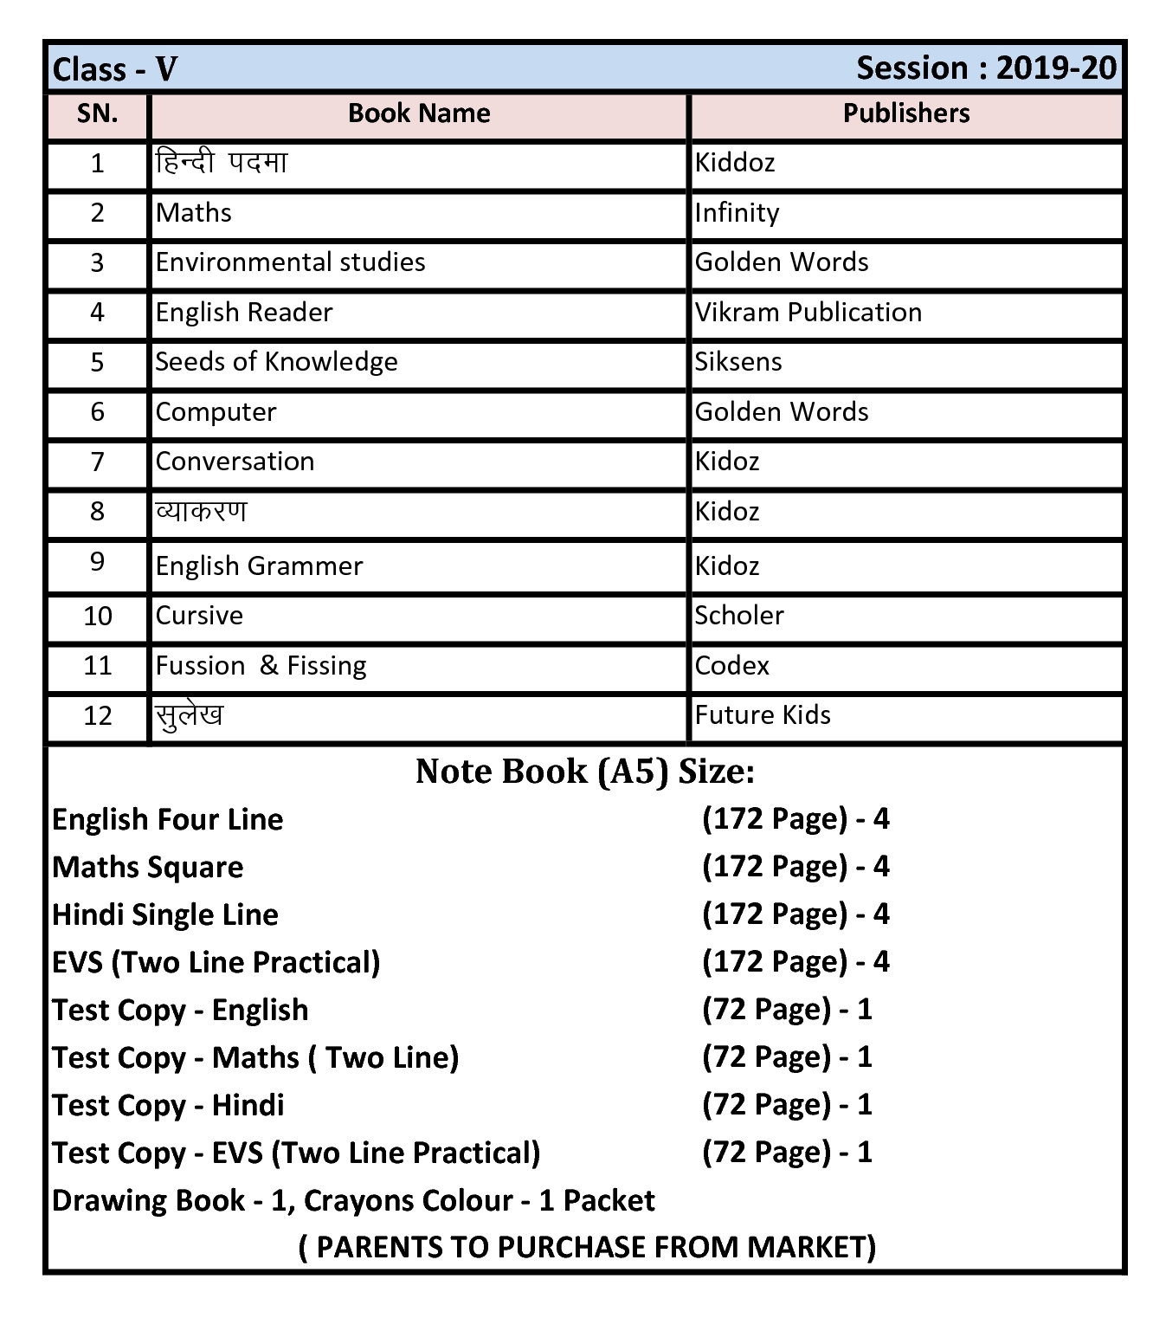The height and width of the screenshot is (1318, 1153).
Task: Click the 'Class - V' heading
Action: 115,68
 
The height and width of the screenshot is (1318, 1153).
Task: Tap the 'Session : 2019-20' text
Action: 986,68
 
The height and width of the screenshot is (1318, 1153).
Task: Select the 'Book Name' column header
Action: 419,113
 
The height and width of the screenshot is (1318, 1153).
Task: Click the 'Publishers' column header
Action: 906,113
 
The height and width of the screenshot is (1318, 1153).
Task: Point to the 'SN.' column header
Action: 97,113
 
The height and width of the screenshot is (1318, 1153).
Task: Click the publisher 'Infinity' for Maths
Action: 737,213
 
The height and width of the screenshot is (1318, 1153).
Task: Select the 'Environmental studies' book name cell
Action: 290,262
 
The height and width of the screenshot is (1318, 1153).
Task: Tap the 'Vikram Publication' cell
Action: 808,313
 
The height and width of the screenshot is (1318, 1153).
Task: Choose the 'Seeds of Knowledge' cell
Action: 276,362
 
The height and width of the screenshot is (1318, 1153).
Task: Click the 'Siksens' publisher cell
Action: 738,362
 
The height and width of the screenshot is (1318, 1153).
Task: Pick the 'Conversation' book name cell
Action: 235,462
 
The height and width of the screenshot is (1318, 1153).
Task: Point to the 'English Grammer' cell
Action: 259,566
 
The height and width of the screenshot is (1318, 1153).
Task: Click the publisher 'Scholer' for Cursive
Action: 739,616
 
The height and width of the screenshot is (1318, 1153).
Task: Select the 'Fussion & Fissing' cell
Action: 261,666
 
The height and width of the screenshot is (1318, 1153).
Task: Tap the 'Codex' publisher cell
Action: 732,666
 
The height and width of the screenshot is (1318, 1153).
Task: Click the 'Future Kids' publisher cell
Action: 763,715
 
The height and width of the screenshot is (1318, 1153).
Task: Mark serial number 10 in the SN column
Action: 97,617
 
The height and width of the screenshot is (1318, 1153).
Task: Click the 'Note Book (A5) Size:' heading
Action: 585,772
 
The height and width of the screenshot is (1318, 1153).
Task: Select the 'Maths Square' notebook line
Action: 148,868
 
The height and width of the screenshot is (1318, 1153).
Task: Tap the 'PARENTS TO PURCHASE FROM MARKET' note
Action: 587,1247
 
